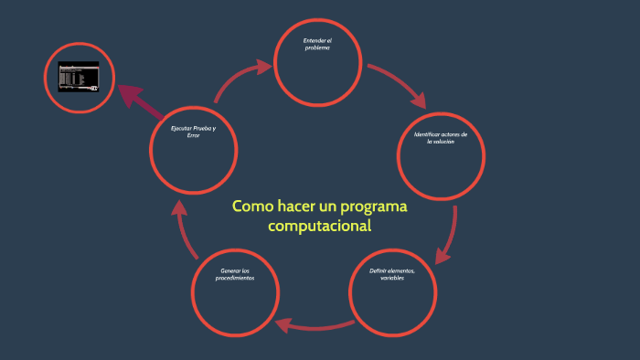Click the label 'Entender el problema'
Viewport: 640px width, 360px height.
point(317,44)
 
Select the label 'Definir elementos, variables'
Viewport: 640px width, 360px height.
point(392,274)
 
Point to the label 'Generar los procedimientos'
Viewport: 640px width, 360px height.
point(235,274)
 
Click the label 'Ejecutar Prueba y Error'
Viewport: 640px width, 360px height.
point(194,132)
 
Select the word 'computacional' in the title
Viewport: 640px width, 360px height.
point(320,226)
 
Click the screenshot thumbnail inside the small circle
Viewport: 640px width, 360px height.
point(79,77)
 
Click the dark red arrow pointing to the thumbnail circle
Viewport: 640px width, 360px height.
point(135,98)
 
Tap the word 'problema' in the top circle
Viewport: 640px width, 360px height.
point(317,48)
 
